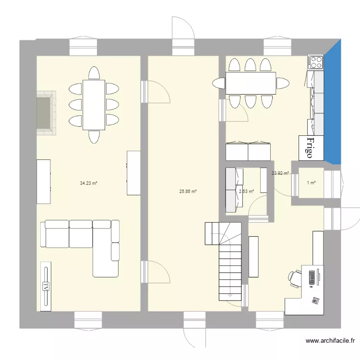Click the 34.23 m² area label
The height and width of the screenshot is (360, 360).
tap(89, 183)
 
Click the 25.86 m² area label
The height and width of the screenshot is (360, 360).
tap(188, 192)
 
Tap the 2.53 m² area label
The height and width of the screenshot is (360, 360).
tap(246, 192)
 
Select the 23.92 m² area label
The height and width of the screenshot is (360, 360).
tap(280, 173)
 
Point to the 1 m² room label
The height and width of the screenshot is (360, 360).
tap(311, 183)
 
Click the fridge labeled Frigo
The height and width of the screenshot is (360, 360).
tap(311, 148)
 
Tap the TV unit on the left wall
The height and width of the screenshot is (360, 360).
tap(46, 287)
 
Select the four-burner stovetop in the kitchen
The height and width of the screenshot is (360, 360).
tap(315, 61)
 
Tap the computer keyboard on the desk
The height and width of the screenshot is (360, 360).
tap(312, 277)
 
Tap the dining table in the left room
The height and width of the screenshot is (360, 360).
tap(94, 105)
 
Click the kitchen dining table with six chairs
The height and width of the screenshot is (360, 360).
tap(251, 83)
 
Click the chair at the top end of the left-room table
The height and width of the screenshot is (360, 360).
tap(94, 73)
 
